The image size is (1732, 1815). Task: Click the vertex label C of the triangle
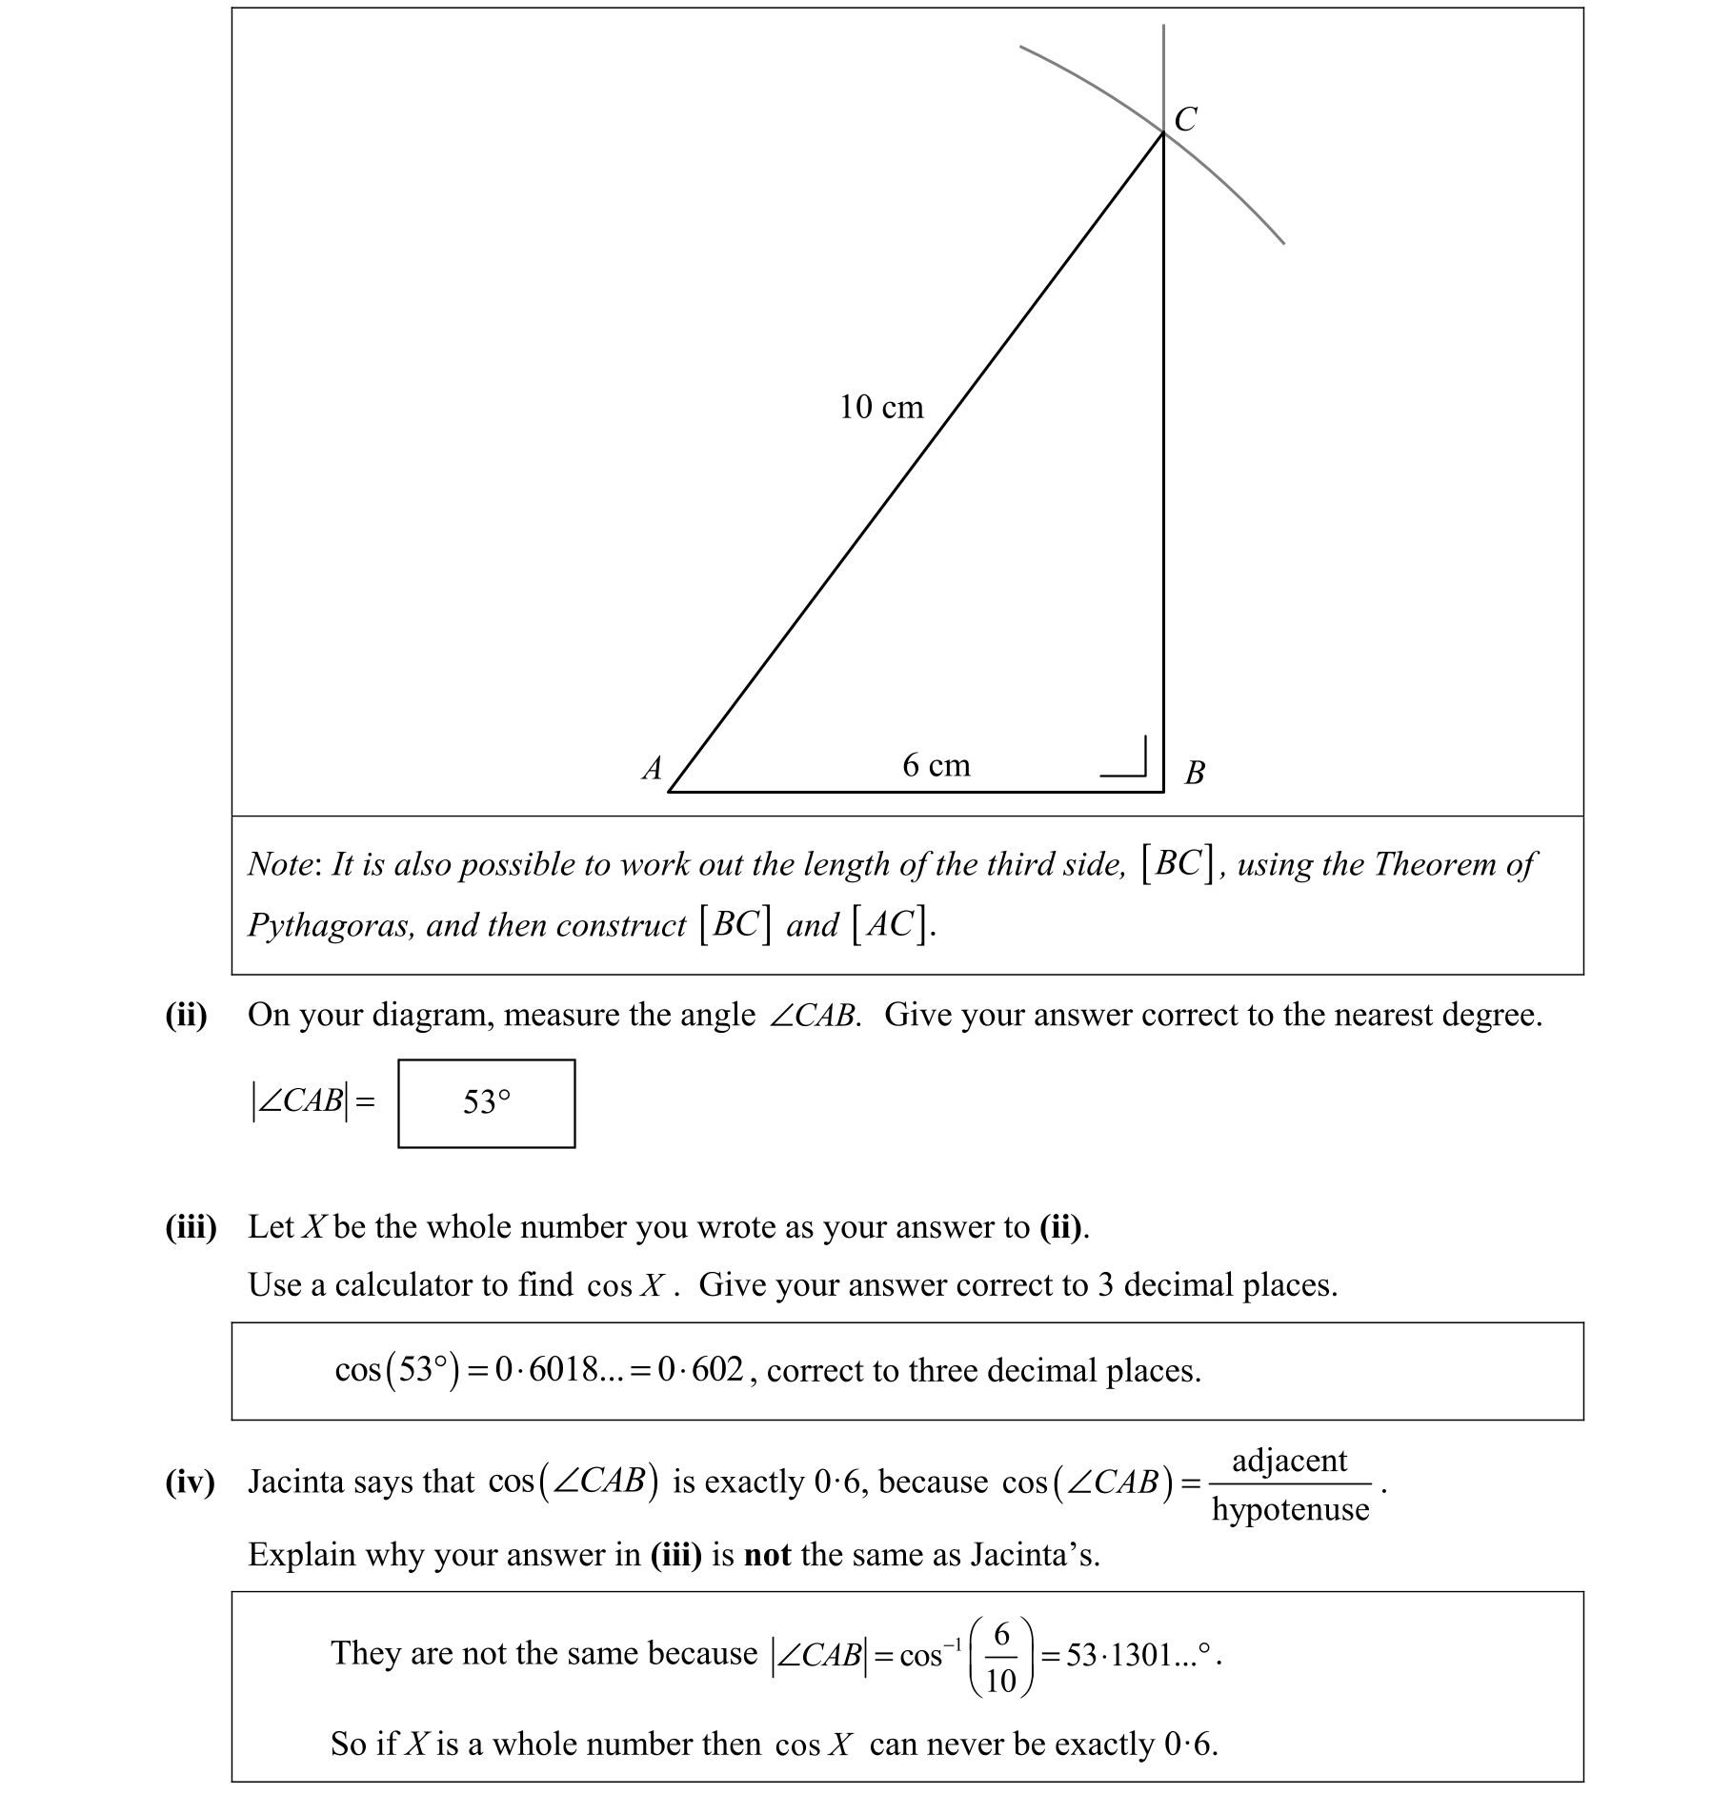coord(1185,120)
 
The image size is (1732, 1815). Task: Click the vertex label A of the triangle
coord(653,768)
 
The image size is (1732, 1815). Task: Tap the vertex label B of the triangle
coord(1195,772)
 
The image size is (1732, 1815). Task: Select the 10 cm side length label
coord(881,408)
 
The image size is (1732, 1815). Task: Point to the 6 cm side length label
coord(936,765)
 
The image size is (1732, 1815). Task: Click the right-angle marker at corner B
coord(1127,756)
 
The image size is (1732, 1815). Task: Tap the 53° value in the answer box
coord(487,1102)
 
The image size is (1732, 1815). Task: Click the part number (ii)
coord(186,1015)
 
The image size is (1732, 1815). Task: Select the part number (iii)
coord(191,1226)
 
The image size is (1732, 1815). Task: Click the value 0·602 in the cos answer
coord(700,1370)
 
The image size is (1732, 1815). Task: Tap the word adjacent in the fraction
coord(1290,1460)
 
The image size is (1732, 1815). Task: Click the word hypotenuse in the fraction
coord(1290,1509)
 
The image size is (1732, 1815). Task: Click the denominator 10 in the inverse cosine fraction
coord(1000,1681)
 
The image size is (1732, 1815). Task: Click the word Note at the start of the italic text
coord(279,864)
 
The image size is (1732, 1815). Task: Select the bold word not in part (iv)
coord(767,1555)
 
